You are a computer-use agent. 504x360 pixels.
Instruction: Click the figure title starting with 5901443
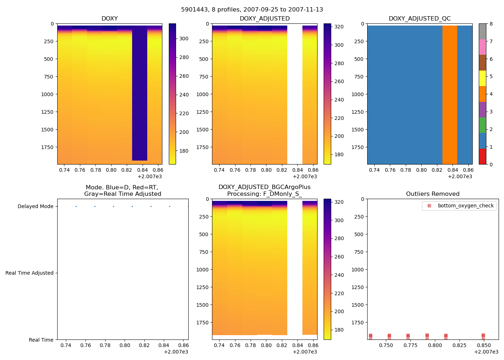(252, 10)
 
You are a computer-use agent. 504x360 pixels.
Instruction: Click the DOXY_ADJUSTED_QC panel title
(419, 19)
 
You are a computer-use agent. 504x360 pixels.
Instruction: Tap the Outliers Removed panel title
(433, 194)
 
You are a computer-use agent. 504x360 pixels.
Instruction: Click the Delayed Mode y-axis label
(35, 207)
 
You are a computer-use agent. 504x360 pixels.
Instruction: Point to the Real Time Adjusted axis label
(29, 273)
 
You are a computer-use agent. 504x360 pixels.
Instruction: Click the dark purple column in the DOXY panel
(140, 94)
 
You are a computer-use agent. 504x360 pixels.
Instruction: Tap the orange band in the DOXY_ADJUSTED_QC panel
(450, 94)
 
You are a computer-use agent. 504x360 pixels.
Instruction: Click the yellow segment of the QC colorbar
(482, 78)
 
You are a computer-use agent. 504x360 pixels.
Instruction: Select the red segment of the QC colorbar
(482, 157)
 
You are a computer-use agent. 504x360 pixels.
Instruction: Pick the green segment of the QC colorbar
(482, 125)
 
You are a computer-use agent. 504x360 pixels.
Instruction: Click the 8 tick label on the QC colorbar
(491, 24)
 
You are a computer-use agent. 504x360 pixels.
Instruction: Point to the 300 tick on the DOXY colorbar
(184, 39)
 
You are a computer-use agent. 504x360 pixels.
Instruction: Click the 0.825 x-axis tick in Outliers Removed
(459, 346)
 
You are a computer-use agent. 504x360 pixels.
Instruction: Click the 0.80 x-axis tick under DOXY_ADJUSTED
(266, 170)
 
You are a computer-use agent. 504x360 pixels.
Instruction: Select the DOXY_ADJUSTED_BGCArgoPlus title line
(264, 187)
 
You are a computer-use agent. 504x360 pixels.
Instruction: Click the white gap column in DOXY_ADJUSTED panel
(294, 94)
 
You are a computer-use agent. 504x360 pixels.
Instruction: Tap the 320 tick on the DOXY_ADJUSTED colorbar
(339, 27)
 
